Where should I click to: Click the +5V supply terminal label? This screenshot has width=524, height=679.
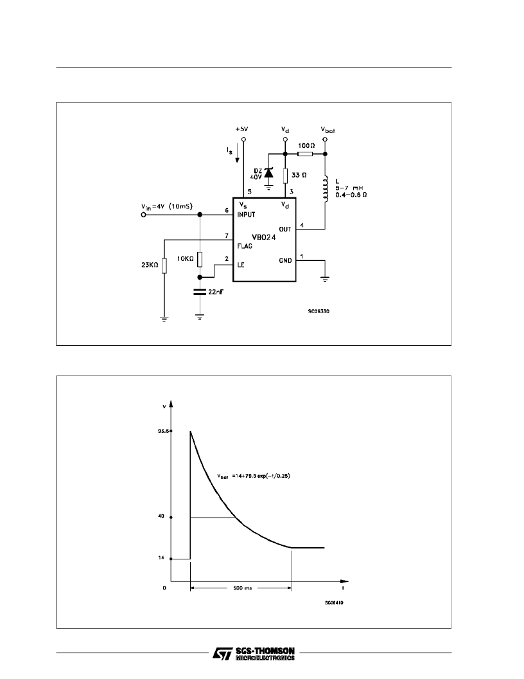tap(241, 129)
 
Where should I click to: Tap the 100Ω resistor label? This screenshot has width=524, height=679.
tap(306, 145)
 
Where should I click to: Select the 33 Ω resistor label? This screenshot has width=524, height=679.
tap(299, 174)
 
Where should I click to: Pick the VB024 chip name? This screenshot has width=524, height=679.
tap(264, 236)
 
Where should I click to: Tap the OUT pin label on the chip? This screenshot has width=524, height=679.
tap(285, 228)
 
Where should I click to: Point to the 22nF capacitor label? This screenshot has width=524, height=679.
tap(216, 293)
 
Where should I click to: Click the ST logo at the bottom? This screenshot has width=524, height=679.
tap(221, 654)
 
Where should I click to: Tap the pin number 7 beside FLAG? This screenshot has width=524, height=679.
tap(226, 236)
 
